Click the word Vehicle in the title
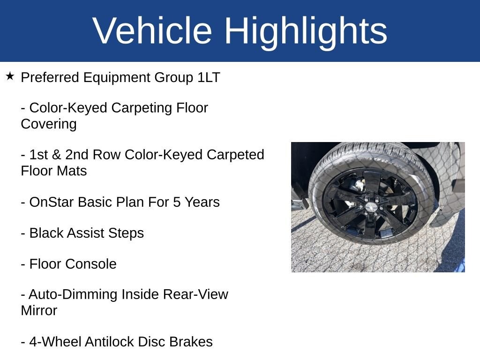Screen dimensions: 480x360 152,30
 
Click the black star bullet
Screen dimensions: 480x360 10,76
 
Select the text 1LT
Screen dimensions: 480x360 209,77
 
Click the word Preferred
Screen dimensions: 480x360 50,77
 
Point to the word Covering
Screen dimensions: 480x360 49,124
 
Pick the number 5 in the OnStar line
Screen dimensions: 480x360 177,202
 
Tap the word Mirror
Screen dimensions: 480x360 39,310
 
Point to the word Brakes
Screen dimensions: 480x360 191,342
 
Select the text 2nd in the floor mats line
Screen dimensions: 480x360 77,155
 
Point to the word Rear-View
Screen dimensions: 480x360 195,294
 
